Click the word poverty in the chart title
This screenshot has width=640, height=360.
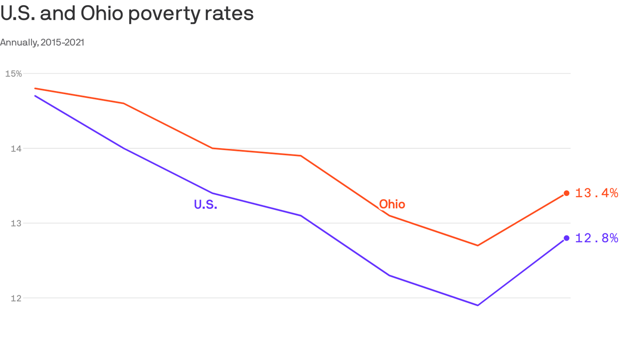(x=163, y=14)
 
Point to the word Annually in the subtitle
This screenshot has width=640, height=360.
(x=18, y=43)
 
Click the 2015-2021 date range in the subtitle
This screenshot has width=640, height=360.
(x=62, y=42)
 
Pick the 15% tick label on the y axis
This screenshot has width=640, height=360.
(x=14, y=74)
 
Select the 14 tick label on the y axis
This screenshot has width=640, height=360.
(x=15, y=149)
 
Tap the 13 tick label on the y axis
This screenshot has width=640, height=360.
(x=15, y=223)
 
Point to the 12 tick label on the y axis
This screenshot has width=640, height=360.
(x=15, y=298)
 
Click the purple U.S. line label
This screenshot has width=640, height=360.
(x=206, y=204)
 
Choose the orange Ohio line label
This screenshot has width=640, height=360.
(x=392, y=204)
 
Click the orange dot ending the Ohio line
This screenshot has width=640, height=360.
(x=566, y=193)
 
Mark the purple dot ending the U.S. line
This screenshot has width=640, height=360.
(x=566, y=238)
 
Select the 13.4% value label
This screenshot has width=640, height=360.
(x=596, y=193)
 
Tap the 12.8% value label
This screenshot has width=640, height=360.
(x=596, y=238)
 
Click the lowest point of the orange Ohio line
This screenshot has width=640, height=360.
(x=477, y=245)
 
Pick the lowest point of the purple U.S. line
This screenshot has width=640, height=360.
(x=477, y=305)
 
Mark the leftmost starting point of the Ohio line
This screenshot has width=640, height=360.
(x=35, y=88)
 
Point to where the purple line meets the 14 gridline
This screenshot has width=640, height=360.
(x=124, y=148)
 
